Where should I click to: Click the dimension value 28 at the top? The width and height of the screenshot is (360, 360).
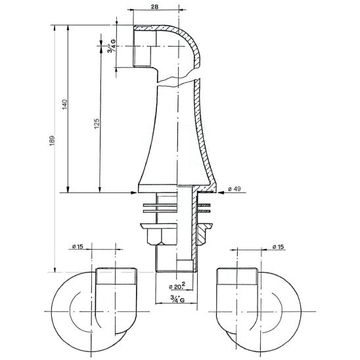coord(155,7)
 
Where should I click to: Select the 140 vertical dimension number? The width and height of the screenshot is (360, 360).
coord(65,104)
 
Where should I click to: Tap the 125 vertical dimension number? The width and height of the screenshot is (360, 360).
coord(97,124)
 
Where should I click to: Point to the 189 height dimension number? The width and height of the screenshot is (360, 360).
coord(52,141)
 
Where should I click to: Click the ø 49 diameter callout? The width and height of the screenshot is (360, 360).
coord(235,189)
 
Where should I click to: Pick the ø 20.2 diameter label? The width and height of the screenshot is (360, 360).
coord(177,286)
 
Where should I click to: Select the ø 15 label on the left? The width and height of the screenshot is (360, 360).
coord(78,246)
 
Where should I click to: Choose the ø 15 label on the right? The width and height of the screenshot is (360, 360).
coord(278,247)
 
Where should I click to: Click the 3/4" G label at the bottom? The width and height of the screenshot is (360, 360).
coord(177,298)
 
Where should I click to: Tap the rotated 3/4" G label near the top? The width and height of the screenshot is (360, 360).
coord(112,46)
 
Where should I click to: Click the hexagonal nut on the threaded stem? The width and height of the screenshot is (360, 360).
coord(162,236)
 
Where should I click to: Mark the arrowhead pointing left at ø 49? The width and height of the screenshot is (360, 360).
coord(221,192)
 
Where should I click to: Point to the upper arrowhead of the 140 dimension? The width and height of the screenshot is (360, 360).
coord(68,28)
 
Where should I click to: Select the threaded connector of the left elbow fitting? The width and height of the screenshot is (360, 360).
coord(116,276)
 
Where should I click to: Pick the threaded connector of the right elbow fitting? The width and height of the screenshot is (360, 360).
coord(237,276)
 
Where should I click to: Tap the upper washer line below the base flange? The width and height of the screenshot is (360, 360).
coord(160,204)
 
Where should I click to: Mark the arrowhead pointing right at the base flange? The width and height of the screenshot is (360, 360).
coord(133,192)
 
